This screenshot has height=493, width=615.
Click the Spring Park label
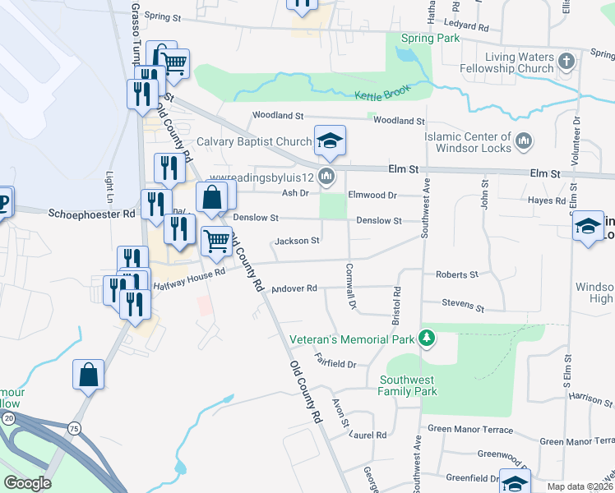(430, 39)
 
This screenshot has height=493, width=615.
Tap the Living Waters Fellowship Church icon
(565, 62)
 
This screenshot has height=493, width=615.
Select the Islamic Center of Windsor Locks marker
(524, 143)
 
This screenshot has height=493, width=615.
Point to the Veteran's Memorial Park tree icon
(426, 338)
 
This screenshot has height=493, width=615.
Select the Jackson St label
(297, 241)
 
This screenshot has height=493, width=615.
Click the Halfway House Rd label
(189, 280)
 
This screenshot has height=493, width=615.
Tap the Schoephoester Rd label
(91, 213)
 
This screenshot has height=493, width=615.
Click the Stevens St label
(463, 305)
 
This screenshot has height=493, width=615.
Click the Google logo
(27, 483)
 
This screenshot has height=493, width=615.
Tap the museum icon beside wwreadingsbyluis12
(327, 177)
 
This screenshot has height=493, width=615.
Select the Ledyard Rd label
(468, 25)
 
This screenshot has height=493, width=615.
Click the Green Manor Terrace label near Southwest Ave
(469, 430)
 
